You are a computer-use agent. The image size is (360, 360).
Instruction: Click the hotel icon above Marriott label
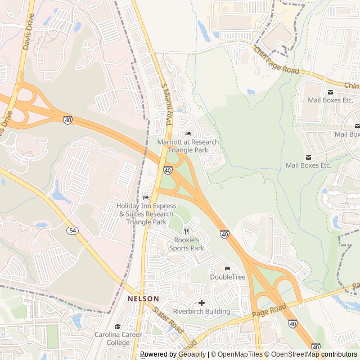(x=188, y=133)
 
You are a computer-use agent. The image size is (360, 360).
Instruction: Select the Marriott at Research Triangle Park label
(x=188, y=146)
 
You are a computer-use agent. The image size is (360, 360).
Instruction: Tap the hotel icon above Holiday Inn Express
(x=146, y=197)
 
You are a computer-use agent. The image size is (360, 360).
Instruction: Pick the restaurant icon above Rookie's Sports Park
(x=186, y=231)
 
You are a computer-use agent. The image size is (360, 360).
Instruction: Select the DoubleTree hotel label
(x=227, y=277)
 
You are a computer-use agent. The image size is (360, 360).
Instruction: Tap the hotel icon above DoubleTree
(x=227, y=268)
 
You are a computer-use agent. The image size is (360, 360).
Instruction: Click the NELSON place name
(x=143, y=299)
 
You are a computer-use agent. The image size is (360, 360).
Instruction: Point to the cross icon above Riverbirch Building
(x=201, y=303)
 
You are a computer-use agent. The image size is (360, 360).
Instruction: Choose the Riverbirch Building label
(x=201, y=311)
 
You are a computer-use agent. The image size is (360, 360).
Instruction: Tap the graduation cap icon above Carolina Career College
(x=118, y=327)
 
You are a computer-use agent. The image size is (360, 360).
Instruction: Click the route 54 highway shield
(x=72, y=231)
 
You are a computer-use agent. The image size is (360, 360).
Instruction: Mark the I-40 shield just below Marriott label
(x=168, y=170)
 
